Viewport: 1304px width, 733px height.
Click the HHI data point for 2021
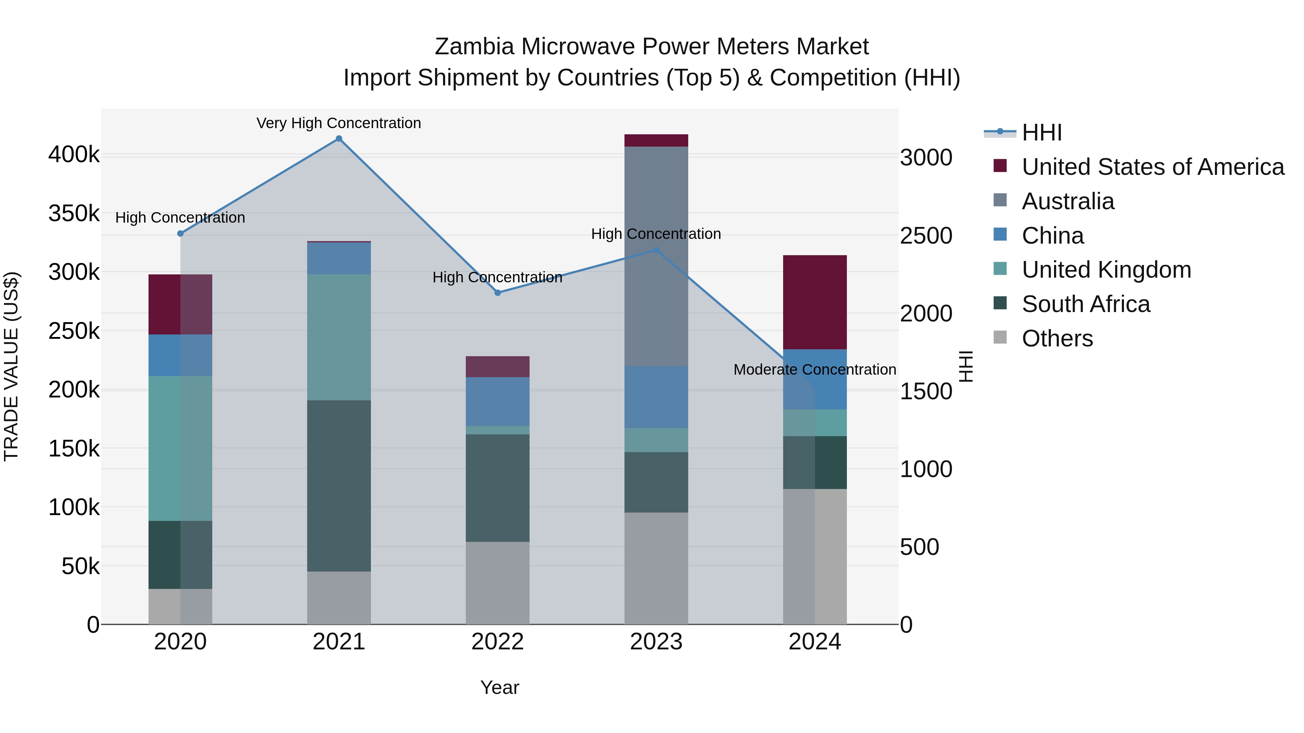tap(339, 139)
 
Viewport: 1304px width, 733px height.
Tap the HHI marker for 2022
tap(498, 292)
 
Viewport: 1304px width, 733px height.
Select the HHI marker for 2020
tap(180, 233)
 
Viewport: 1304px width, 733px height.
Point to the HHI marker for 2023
tap(656, 250)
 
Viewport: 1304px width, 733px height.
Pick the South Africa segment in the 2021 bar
tap(339, 486)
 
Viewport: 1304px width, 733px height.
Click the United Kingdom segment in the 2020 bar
tap(180, 448)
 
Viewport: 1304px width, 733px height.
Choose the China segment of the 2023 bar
tap(656, 397)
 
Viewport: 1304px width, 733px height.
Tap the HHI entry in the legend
tap(1041, 132)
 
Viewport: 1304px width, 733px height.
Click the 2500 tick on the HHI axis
tap(926, 236)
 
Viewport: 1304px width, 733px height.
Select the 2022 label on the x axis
tap(498, 642)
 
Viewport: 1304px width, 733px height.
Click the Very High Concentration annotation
tap(339, 123)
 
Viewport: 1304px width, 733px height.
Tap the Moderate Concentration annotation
tap(815, 370)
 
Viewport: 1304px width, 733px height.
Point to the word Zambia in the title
tap(475, 47)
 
